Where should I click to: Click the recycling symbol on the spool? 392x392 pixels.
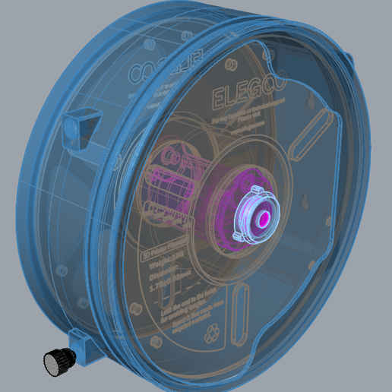[x=207, y=334]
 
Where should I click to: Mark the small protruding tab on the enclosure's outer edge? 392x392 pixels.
[x=349, y=58]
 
